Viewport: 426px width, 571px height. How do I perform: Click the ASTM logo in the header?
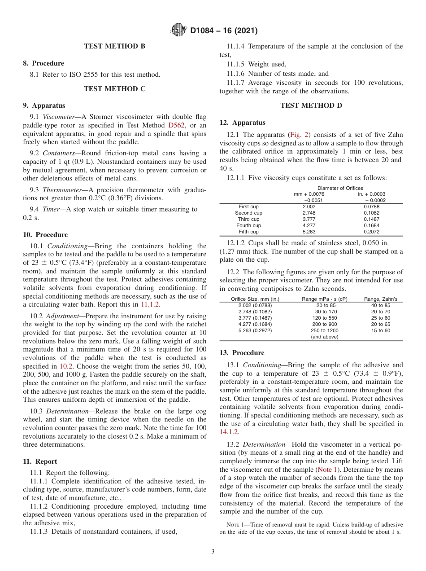coord(179,31)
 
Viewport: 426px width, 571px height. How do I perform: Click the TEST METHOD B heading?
coord(115,46)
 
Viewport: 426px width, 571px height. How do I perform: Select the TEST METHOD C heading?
coord(115,89)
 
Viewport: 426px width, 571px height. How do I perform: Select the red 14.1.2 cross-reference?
coord(229,432)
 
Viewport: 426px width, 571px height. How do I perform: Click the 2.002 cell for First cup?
coord(309,206)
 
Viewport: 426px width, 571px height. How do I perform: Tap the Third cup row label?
coord(248,219)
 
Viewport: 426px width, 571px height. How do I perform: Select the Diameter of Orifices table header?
coord(340,188)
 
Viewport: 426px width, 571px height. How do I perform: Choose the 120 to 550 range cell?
coord(325,318)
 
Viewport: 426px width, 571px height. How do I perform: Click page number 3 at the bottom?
coord(213,552)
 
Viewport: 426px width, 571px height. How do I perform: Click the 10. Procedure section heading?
coord(45,235)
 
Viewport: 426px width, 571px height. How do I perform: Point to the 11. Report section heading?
coord(40,461)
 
